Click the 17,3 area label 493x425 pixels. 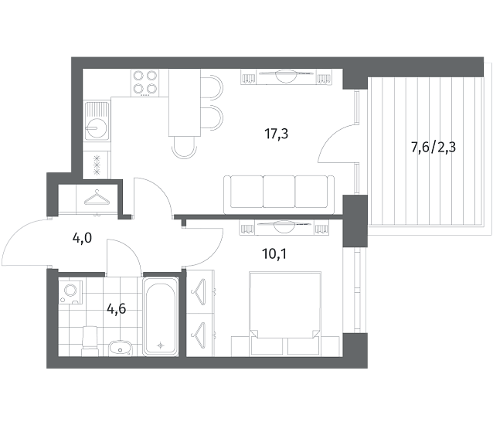277,134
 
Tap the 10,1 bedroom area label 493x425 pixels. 274,254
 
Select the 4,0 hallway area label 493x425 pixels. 82,239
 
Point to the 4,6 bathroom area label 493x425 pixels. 117,309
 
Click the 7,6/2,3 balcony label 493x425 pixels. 433,147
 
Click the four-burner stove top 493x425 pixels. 145,83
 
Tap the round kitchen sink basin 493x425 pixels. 97,127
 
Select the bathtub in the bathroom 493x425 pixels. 161,316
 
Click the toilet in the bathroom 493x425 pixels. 90,341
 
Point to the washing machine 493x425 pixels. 71,292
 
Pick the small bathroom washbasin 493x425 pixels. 120,348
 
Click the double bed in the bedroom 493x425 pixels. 284,314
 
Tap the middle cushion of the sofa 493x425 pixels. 279,192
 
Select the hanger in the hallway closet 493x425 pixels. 97,198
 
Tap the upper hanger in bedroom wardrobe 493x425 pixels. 199,292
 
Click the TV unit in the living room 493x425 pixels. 286,77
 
